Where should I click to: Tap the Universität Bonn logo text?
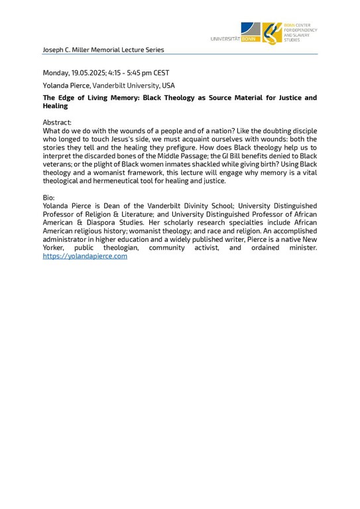235,39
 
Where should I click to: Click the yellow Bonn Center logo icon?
271,32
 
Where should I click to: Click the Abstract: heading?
57,122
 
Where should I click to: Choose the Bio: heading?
48,198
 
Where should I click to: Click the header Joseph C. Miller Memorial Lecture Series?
103,50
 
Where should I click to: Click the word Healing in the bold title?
55,106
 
